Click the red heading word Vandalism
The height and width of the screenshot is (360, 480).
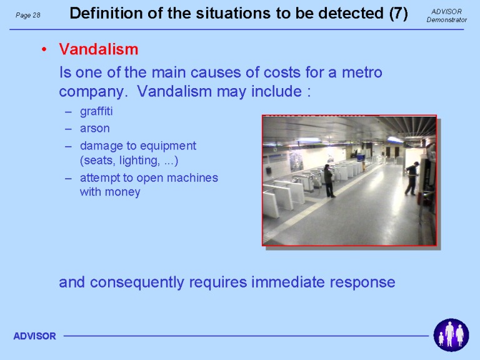pyautogui.click(x=98, y=49)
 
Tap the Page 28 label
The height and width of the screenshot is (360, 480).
pyautogui.click(x=28, y=15)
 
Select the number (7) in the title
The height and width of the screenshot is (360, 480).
pyautogui.click(x=399, y=14)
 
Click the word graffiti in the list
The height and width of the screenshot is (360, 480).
pyautogui.click(x=96, y=111)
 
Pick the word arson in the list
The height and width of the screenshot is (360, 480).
pyautogui.click(x=94, y=129)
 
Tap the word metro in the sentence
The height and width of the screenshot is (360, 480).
pyautogui.click(x=362, y=73)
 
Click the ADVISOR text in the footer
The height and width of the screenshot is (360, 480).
pyautogui.click(x=34, y=336)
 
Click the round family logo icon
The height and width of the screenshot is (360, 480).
pyautogui.click(x=451, y=335)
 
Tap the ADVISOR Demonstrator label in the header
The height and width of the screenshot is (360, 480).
pyautogui.click(x=447, y=16)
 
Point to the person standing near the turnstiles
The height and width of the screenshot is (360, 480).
pyautogui.click(x=329, y=181)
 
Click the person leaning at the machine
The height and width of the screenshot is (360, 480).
pyautogui.click(x=412, y=179)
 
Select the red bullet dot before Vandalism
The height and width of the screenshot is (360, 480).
pyautogui.click(x=44, y=49)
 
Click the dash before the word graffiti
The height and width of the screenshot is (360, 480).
pyautogui.click(x=68, y=112)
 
